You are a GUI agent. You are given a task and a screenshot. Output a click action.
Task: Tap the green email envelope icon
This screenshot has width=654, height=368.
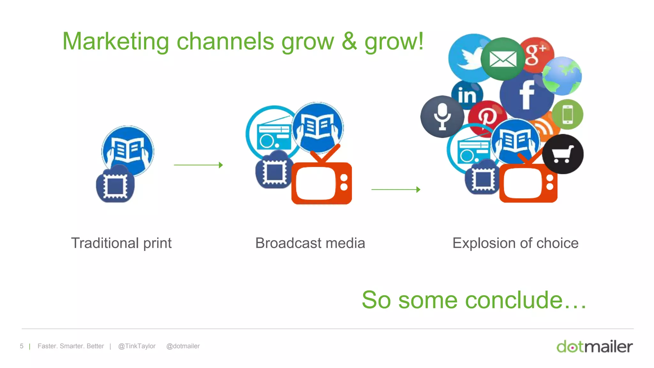(x=503, y=59)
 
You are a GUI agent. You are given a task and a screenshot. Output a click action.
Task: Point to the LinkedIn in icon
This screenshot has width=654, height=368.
(x=467, y=95)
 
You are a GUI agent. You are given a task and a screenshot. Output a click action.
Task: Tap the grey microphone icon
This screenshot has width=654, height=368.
(x=442, y=117)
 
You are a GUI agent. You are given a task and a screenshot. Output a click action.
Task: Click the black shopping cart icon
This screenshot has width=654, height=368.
(x=563, y=154)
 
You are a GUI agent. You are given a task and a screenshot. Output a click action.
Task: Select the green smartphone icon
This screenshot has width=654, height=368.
(x=567, y=114)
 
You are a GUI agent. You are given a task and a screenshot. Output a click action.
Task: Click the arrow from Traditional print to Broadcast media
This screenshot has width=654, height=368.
(x=198, y=165)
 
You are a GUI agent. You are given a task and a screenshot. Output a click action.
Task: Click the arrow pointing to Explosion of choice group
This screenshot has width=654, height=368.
(x=396, y=189)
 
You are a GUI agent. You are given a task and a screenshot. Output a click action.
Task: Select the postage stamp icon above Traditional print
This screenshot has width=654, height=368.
(x=115, y=185)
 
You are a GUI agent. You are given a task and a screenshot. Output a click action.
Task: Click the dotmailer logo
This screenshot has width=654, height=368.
(x=595, y=347)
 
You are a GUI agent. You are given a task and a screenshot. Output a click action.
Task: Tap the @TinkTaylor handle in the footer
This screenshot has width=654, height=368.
(x=137, y=346)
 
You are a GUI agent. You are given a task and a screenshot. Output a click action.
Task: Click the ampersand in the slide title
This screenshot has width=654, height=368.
(x=349, y=41)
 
